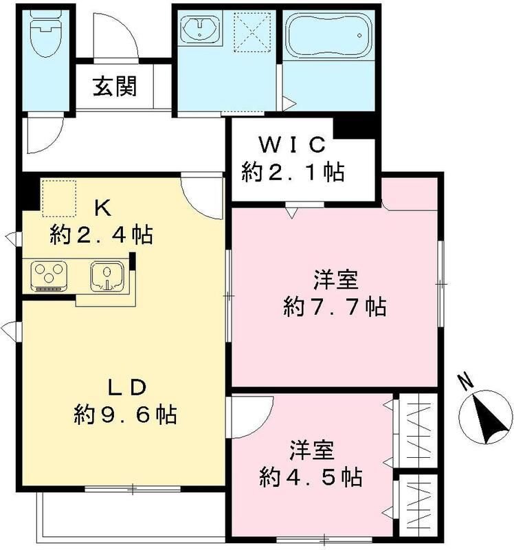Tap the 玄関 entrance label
coord(115,87)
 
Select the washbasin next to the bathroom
coord(200,30)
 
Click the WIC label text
coord(291,145)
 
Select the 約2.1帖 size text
coord(293,171)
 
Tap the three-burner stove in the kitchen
coord(49,275)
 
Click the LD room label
coord(125,387)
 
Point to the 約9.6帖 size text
coord(126,414)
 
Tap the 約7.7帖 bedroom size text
coord(335,306)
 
